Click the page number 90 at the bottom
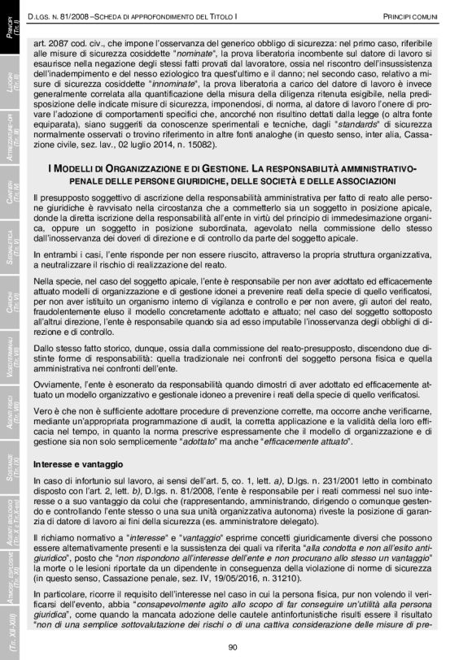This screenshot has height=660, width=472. tap(232, 647)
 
